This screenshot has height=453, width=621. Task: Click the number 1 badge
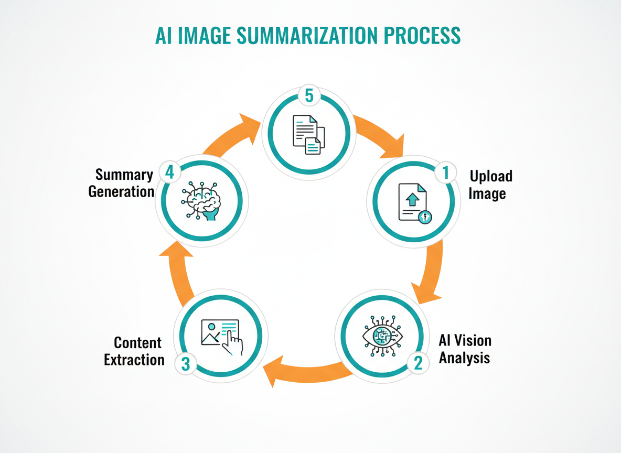point(445,173)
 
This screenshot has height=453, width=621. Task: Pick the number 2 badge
point(418,363)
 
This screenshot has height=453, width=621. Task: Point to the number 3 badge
point(186,364)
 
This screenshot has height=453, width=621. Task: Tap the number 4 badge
point(169,171)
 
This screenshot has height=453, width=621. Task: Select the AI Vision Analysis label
point(465,349)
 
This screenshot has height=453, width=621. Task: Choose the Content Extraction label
point(135,351)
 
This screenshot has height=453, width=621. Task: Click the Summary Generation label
point(122,183)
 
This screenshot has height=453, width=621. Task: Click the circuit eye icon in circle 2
point(383,336)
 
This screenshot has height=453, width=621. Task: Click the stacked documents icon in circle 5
point(308,134)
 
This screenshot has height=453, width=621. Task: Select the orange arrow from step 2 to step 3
point(304,372)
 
